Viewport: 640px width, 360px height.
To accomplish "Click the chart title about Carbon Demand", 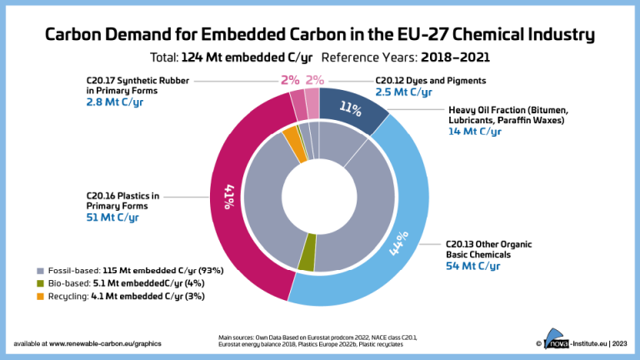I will [319, 34].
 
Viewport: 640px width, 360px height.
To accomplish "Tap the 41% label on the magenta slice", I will [227, 197].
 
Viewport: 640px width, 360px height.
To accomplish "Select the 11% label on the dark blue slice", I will [350, 108].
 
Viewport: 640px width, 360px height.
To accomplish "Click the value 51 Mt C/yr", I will [112, 217].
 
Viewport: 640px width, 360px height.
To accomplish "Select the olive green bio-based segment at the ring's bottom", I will [307, 261].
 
